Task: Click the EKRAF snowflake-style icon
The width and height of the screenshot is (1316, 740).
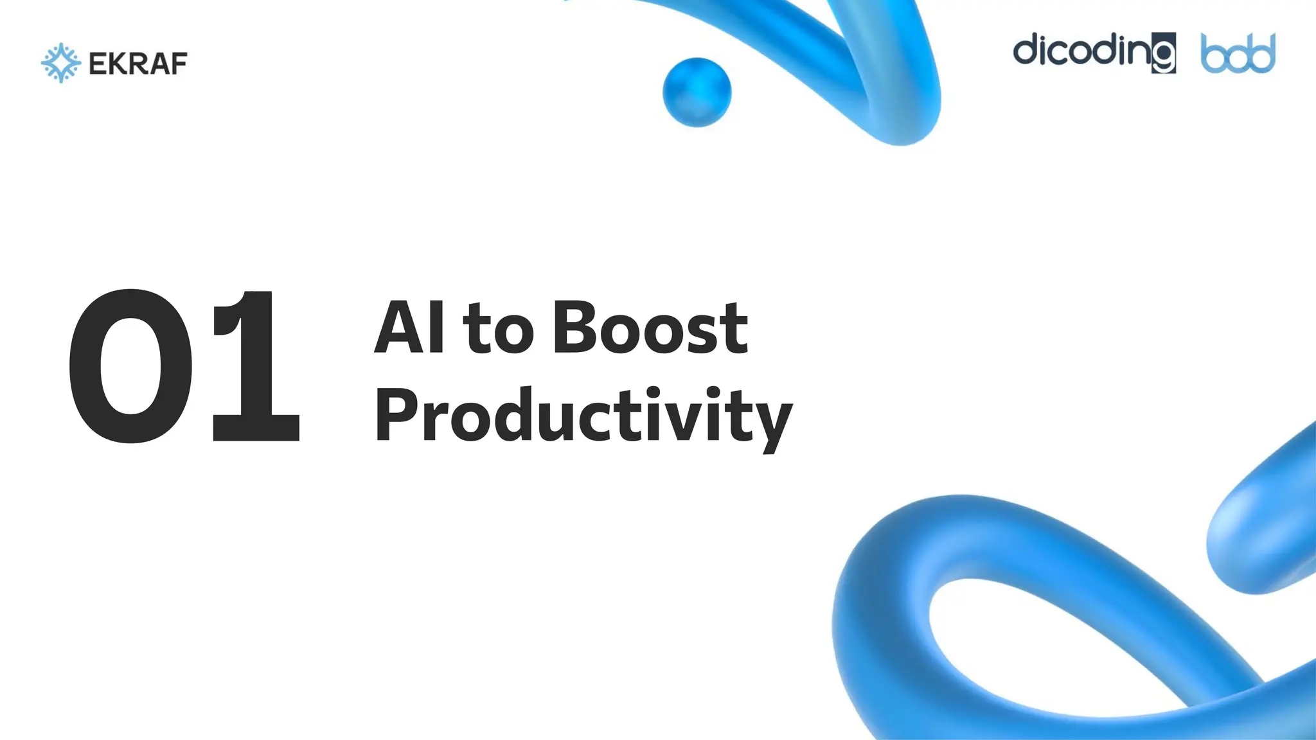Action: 60,63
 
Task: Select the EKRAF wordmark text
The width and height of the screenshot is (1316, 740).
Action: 138,64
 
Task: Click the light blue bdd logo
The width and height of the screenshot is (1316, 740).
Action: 1238,54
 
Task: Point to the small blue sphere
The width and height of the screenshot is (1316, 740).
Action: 697,92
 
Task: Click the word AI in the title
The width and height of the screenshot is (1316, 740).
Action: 409,328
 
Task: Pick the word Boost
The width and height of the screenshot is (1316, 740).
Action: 650,328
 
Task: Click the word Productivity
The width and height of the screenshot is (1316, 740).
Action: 583,416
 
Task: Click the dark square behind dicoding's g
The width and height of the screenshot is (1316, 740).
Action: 1163,54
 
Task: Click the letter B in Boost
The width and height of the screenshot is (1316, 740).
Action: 573,328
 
